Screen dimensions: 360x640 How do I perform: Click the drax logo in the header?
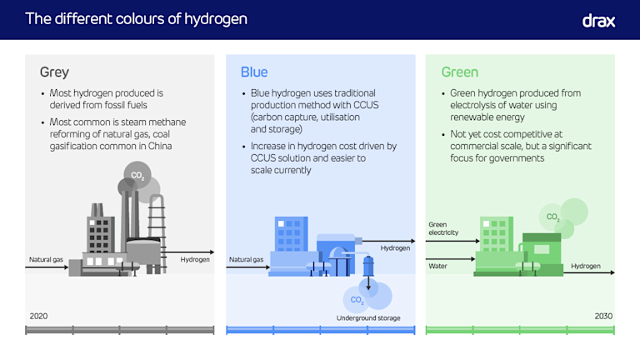(598, 20)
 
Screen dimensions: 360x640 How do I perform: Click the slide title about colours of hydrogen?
(136, 18)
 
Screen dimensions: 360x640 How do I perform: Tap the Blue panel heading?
(254, 72)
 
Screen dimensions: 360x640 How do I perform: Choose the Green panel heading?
(460, 72)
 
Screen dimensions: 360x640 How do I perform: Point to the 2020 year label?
(38, 316)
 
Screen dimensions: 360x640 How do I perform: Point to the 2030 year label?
(602, 316)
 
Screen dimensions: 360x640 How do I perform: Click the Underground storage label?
(368, 318)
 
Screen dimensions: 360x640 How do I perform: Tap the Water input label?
(437, 267)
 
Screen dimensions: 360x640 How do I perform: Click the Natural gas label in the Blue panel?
(246, 260)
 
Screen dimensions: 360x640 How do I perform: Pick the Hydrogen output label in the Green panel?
(585, 267)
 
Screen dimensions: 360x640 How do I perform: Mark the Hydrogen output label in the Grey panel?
(195, 260)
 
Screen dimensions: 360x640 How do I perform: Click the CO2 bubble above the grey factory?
(137, 176)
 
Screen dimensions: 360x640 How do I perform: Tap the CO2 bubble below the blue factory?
(357, 299)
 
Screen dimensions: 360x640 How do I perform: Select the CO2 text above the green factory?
(552, 217)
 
